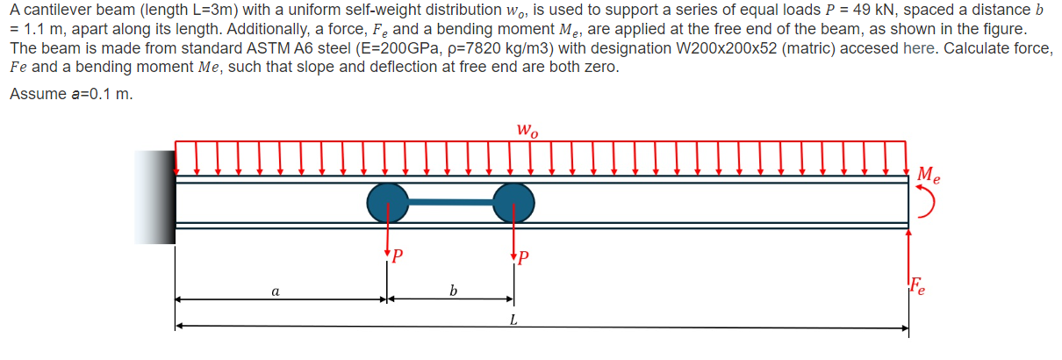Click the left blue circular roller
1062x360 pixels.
click(387, 203)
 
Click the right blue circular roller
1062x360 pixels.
click(513, 203)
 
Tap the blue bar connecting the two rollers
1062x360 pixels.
click(449, 203)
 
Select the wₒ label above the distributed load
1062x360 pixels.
click(527, 132)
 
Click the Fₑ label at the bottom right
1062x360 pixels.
click(917, 285)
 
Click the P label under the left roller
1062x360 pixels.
click(398, 257)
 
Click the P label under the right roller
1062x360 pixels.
click(524, 257)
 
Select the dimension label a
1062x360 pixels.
click(276, 290)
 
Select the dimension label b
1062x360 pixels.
click(452, 290)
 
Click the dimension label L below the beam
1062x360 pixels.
click(512, 319)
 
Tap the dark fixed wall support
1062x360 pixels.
click(155, 197)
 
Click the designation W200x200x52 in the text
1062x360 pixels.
click(766, 48)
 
